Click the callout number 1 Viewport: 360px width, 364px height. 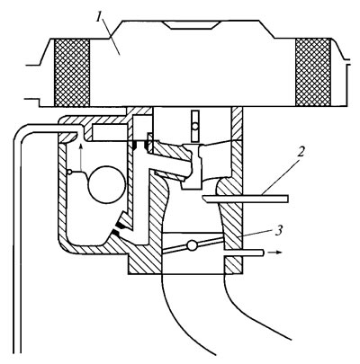click(x=99, y=18)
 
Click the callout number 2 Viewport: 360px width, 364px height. click(x=301, y=152)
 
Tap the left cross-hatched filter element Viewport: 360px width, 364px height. click(x=72, y=73)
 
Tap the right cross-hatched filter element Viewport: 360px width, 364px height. click(x=313, y=73)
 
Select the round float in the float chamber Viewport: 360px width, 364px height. click(x=107, y=184)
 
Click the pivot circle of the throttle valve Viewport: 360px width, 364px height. click(x=192, y=245)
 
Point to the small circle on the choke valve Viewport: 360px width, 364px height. click(x=195, y=127)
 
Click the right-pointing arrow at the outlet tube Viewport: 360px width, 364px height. click(x=275, y=253)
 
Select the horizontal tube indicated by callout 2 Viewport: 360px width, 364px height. click(x=246, y=199)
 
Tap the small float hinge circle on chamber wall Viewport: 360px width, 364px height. click(x=69, y=172)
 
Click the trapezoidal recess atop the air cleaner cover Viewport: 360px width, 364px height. click(x=193, y=25)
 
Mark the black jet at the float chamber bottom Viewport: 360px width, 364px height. click(x=118, y=228)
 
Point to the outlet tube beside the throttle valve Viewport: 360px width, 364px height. click(x=244, y=253)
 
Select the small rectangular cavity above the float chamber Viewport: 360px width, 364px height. click(x=112, y=131)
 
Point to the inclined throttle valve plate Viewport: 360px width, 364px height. click(x=193, y=245)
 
